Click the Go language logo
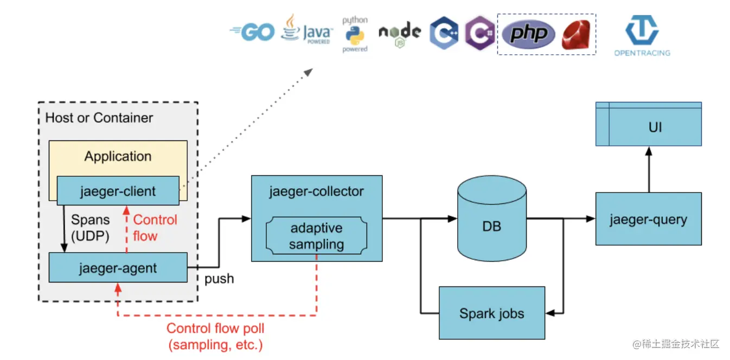tap(252, 32)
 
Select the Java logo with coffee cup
tap(307, 30)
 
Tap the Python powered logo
tap(355, 34)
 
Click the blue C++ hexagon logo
tap(444, 33)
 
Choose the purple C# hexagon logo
tap(479, 33)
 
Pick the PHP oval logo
tap(528, 34)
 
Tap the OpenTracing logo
tap(642, 36)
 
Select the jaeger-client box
tap(118, 191)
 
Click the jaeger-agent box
tap(118, 267)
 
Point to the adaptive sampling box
tap(316, 235)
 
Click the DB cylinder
tap(492, 218)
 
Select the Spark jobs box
tap(492, 313)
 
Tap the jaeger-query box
tap(649, 219)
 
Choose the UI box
tap(649, 124)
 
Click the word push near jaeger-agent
tap(219, 279)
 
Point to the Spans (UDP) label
tap(90, 228)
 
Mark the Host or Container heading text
tap(99, 118)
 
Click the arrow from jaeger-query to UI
tap(649, 169)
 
